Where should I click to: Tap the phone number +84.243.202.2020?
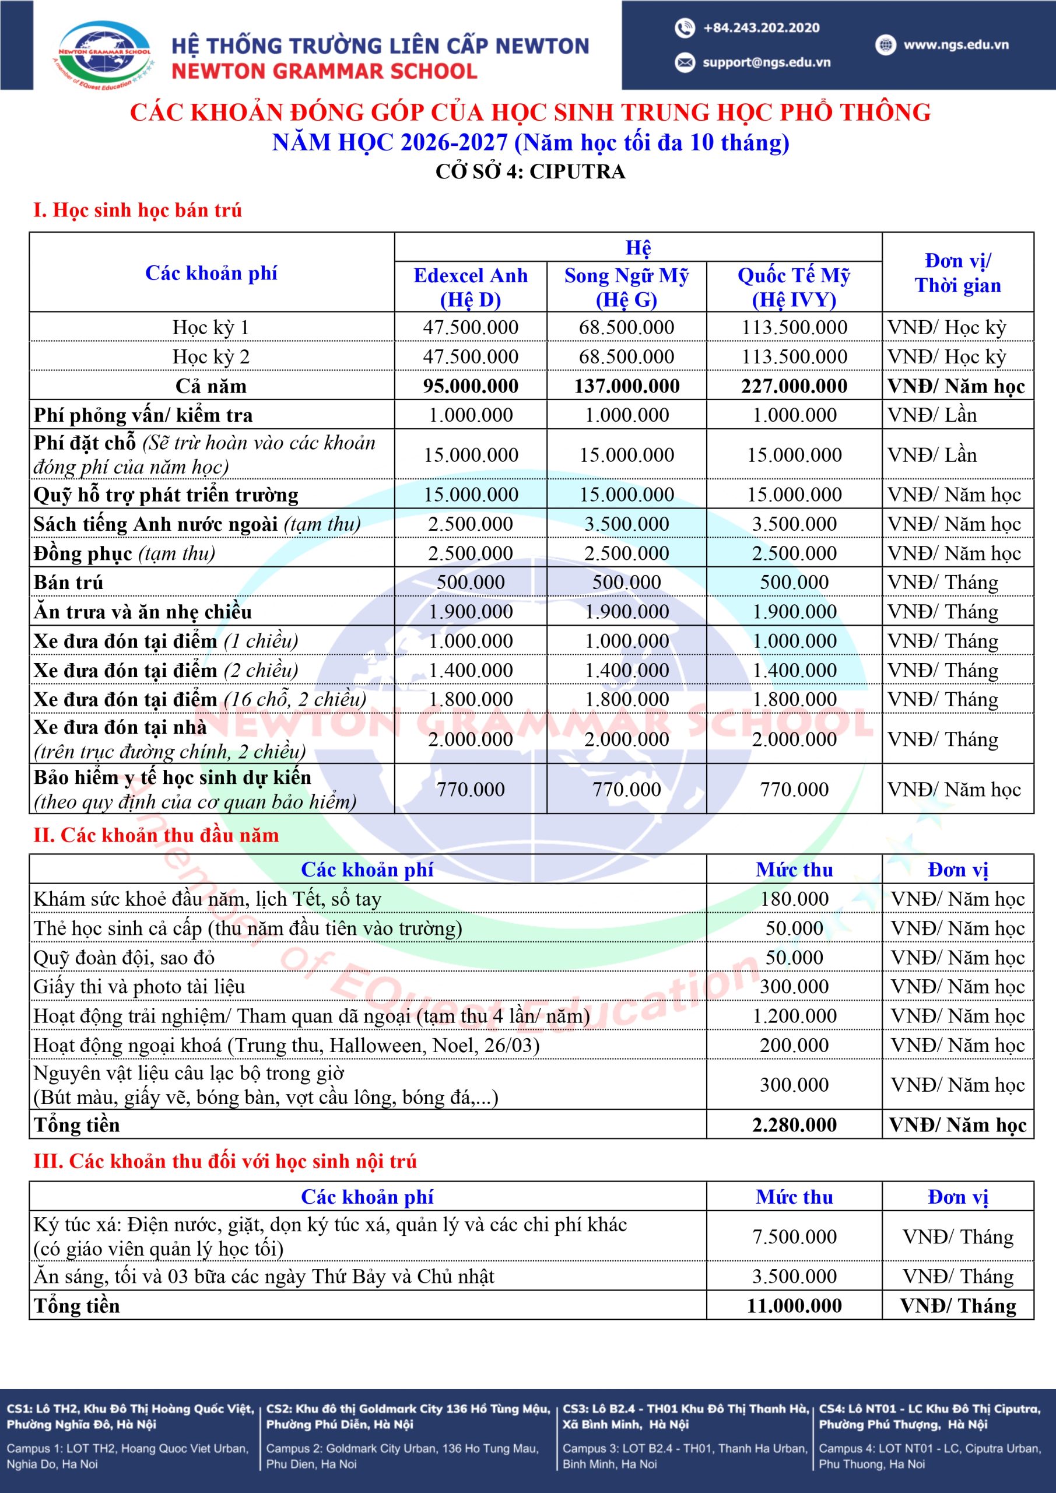761,28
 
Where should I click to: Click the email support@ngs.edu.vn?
766,62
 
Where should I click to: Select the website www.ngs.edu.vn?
955,45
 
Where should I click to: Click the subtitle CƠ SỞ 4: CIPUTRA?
530,171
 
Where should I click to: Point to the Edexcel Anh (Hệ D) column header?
470,287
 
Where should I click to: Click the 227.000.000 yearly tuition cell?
794,386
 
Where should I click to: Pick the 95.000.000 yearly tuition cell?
470,386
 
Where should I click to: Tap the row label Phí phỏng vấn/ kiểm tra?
143,415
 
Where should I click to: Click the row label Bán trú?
68,582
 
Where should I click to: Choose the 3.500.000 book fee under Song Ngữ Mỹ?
626,524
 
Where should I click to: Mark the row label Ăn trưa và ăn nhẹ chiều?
142,612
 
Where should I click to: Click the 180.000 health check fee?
794,899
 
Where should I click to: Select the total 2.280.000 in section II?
794,1125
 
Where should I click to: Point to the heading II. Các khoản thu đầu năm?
156,835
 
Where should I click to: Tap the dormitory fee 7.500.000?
794,1236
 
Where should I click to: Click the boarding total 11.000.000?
794,1306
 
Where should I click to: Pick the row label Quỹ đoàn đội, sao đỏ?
124,957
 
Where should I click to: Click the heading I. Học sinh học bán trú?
137,210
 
